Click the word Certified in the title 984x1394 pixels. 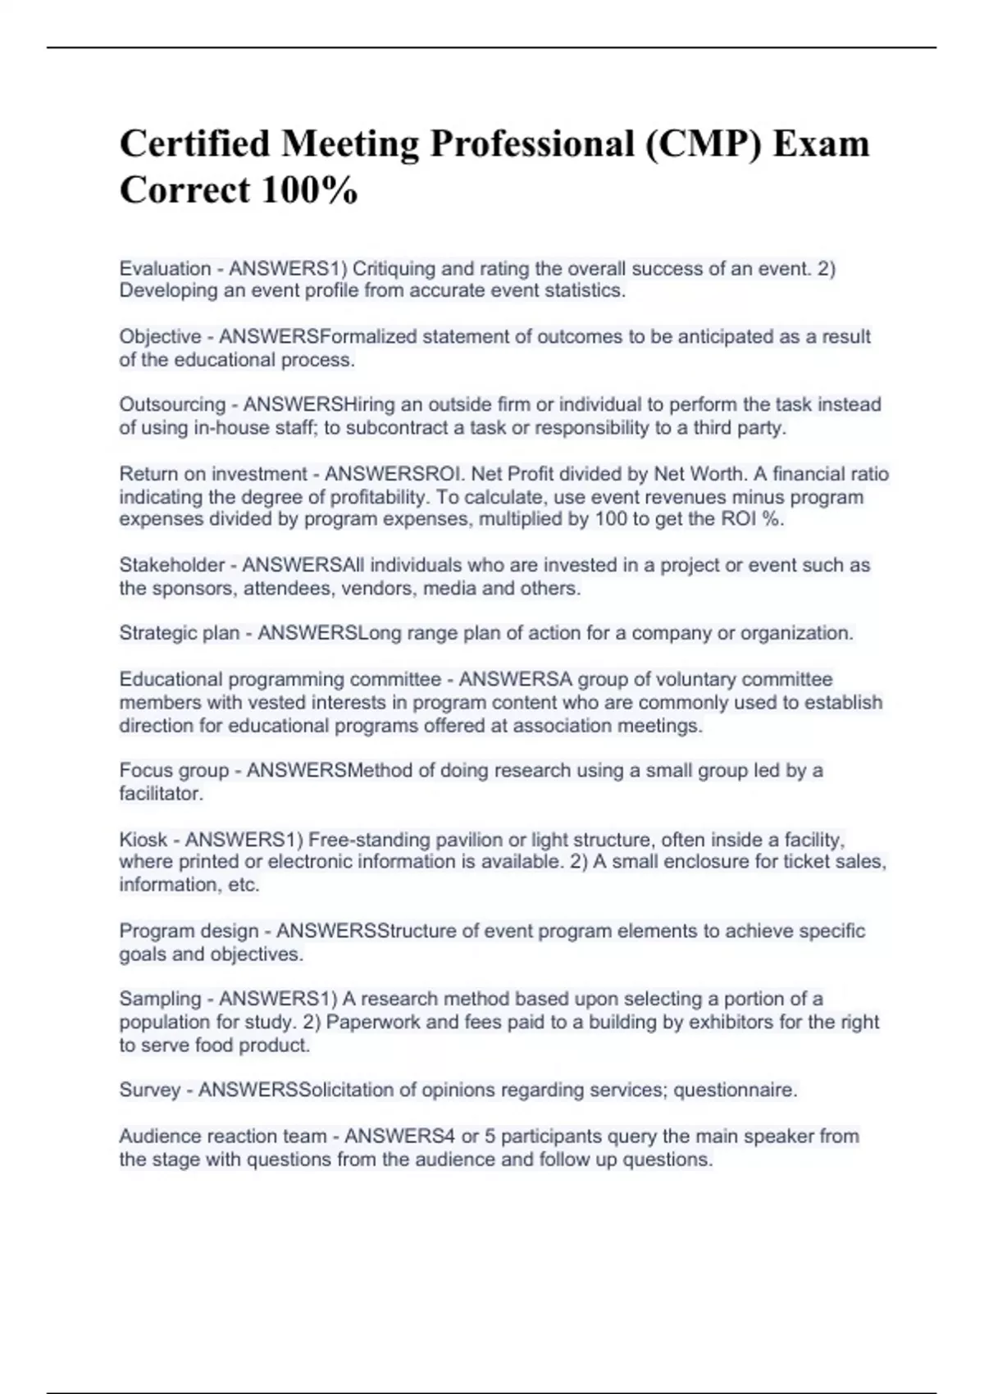(x=194, y=143)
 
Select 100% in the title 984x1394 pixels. (x=310, y=190)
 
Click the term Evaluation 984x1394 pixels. (x=165, y=268)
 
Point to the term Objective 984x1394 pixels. (x=160, y=336)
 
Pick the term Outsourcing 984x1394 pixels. (x=172, y=404)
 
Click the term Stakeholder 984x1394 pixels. (x=171, y=565)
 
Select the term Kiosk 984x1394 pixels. (x=143, y=840)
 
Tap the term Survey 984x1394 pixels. (x=149, y=1090)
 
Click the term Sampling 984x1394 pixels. (x=160, y=999)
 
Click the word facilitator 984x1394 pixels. (x=160, y=793)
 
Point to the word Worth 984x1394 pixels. (x=736, y=474)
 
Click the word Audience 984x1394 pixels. (x=160, y=1136)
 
